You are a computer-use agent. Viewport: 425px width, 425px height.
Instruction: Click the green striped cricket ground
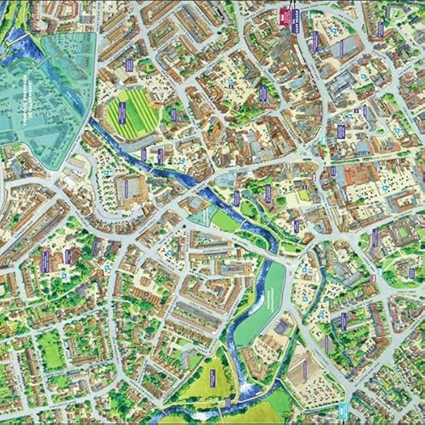[131, 113]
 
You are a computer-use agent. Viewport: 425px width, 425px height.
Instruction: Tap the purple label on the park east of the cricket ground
[173, 114]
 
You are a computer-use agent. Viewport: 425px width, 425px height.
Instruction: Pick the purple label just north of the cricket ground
[129, 65]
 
